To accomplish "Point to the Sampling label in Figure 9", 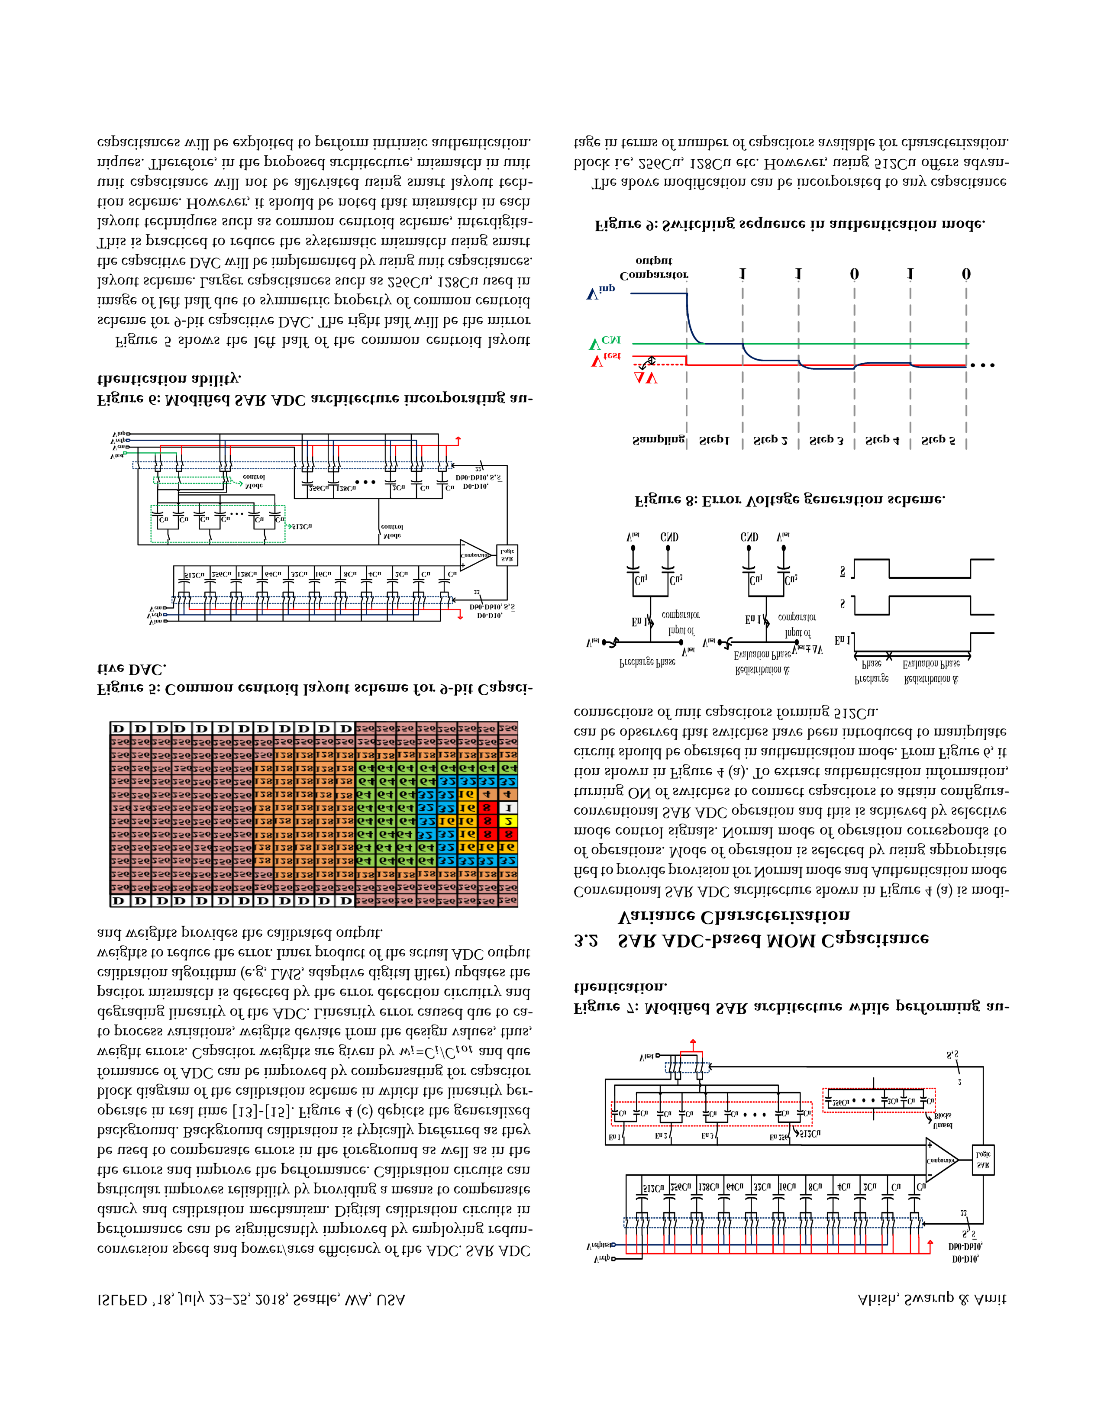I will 658,440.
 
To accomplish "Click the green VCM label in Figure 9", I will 605,343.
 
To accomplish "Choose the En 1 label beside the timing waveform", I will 843,640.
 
